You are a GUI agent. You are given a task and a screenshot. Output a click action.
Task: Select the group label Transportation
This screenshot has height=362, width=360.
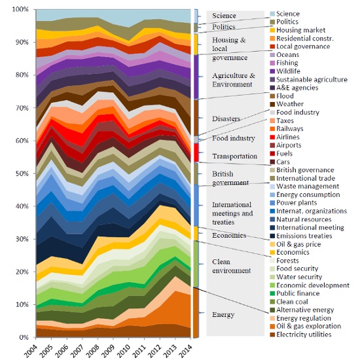[236, 156]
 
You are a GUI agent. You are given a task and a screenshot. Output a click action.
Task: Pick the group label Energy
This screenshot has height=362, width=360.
[223, 315]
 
